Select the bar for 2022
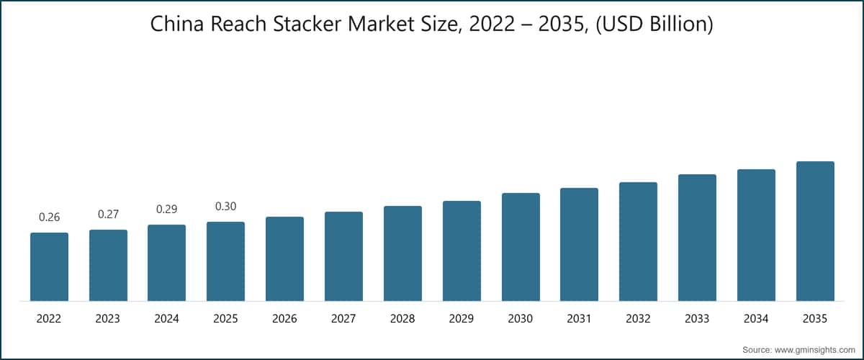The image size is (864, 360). (50, 266)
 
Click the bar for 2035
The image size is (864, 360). (815, 231)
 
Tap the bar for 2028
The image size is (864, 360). (402, 253)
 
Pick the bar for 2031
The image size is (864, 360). (580, 245)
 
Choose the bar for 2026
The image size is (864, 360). (284, 259)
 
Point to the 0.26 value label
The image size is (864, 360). (50, 217)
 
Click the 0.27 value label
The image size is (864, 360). (109, 214)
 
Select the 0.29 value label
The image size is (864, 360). (166, 209)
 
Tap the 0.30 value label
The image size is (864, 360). (225, 207)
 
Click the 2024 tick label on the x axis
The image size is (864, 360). (166, 319)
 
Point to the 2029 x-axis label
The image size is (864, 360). (462, 319)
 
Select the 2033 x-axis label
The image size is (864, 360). (697, 319)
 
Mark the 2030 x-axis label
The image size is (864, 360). (521, 319)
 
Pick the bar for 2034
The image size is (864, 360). (757, 235)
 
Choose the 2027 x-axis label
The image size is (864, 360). (343, 319)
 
